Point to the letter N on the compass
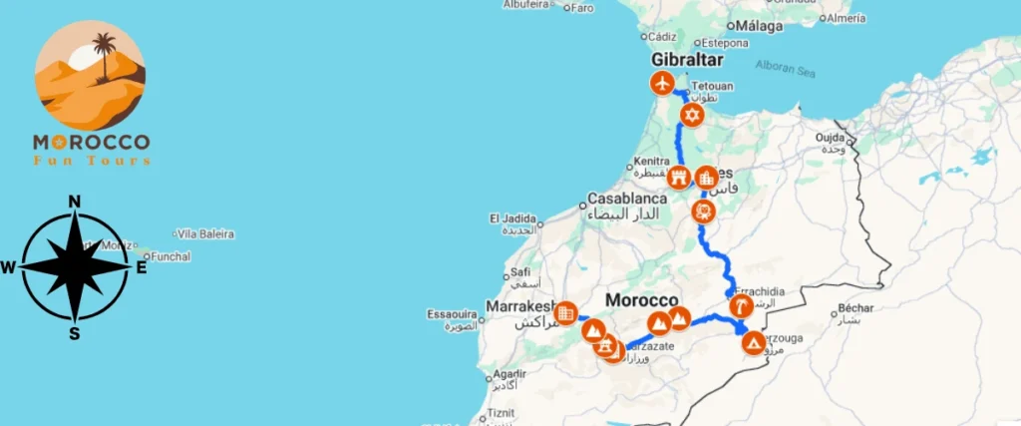pos(74,202)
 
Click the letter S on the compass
pos(74,333)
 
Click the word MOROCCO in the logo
pos(91,143)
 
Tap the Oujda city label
pos(832,138)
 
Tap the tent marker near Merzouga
pos(755,344)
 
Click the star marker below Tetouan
pos(692,116)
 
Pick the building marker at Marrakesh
pos(565,313)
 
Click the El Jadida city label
pos(512,217)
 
